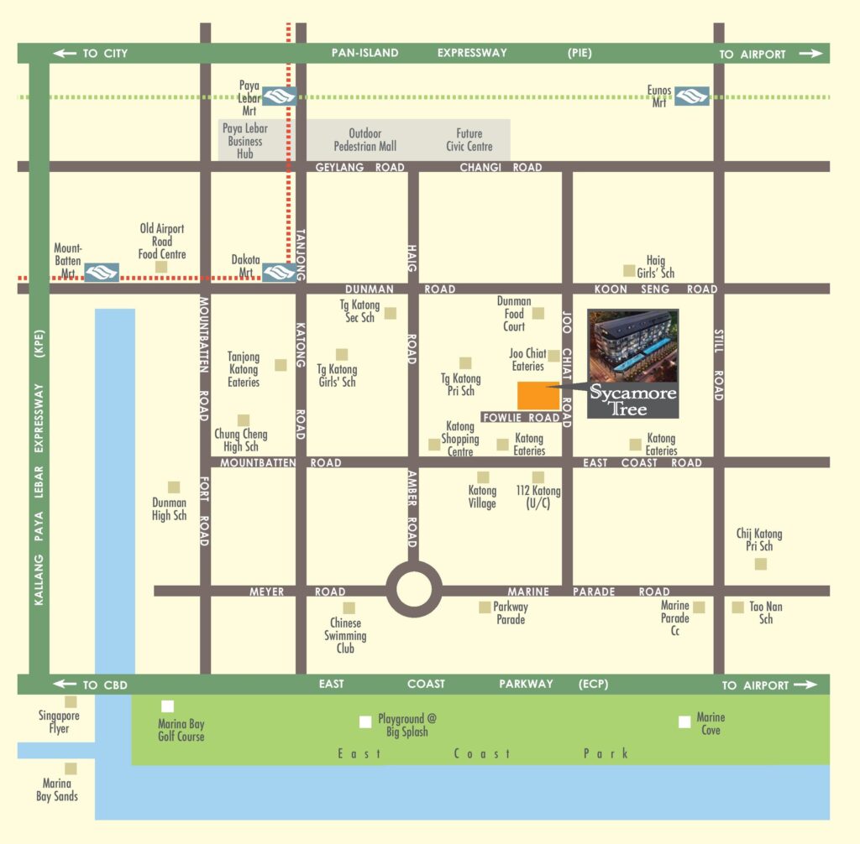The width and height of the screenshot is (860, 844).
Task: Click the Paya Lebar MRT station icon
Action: click(x=279, y=96)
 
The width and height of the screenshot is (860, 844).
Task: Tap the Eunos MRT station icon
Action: click(x=692, y=96)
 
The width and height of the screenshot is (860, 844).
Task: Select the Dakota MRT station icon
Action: click(x=279, y=272)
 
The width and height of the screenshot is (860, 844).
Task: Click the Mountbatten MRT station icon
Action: click(x=102, y=272)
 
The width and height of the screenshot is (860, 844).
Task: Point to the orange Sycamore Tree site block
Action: click(x=538, y=396)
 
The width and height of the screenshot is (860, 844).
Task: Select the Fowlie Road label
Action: click(x=521, y=418)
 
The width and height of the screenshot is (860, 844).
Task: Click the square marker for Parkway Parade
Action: click(x=485, y=607)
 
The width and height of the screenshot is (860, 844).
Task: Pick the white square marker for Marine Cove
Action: click(x=684, y=722)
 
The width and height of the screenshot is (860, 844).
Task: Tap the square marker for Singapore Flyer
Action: click(x=71, y=701)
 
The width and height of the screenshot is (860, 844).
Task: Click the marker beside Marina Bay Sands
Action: click(x=71, y=768)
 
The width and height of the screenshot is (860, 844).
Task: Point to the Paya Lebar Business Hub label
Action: click(x=245, y=141)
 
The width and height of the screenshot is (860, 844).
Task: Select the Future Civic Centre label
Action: click(x=469, y=140)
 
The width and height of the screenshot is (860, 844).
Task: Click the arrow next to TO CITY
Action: click(x=65, y=54)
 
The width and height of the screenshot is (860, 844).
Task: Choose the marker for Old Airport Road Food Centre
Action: click(x=161, y=267)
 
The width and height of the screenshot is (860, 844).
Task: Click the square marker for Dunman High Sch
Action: click(x=174, y=487)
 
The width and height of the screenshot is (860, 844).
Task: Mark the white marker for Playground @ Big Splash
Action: click(x=364, y=722)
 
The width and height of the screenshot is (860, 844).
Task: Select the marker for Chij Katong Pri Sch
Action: click(x=760, y=564)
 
